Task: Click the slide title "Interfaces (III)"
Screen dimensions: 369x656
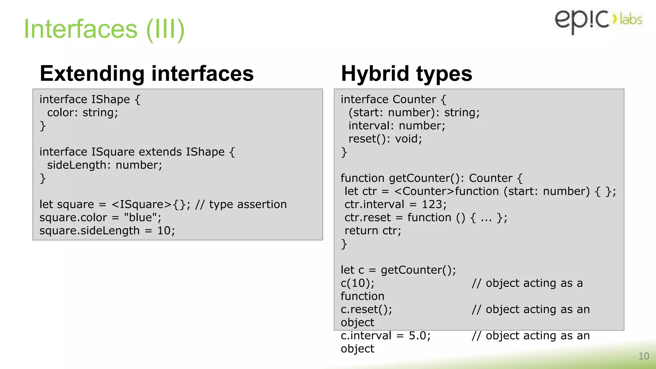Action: pyautogui.click(x=104, y=29)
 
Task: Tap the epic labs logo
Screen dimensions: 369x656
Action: pyautogui.click(x=598, y=20)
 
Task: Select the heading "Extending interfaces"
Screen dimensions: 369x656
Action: pyautogui.click(x=147, y=73)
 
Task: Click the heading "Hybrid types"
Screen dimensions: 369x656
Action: pyautogui.click(x=406, y=73)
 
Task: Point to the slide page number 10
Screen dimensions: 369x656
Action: pyautogui.click(x=644, y=356)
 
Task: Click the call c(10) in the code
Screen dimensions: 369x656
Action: pyautogui.click(x=357, y=283)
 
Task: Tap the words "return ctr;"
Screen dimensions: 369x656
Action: pyautogui.click(x=373, y=231)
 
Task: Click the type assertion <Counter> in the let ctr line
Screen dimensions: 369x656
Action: pyautogui.click(x=424, y=191)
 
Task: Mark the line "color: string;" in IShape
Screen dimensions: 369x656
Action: pyautogui.click(x=83, y=112)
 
